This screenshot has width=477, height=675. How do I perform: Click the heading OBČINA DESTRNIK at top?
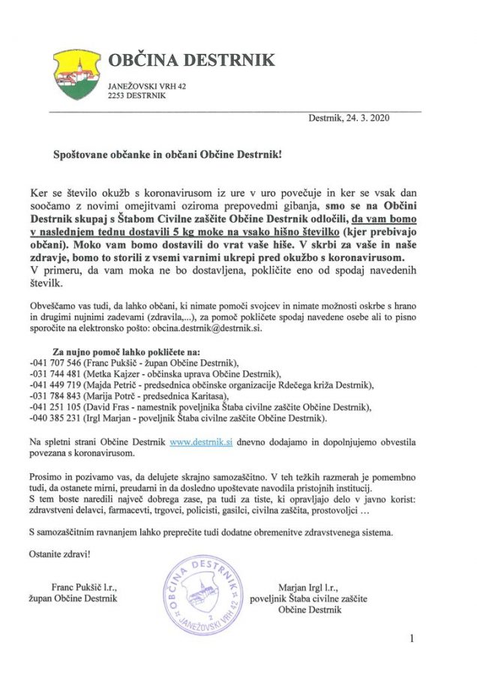point(191,60)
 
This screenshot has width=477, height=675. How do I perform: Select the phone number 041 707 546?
point(76,363)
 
